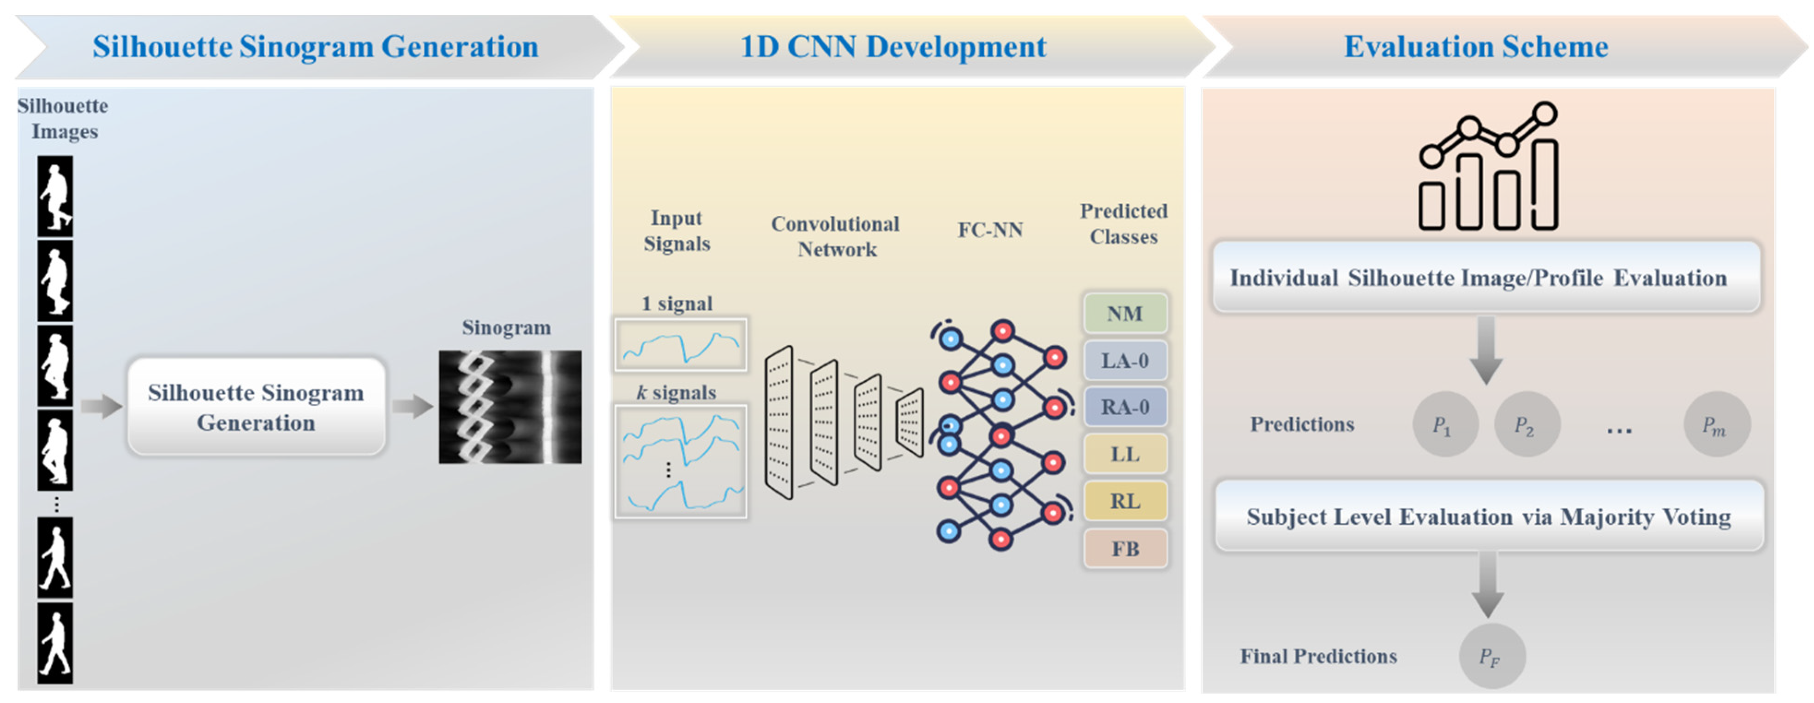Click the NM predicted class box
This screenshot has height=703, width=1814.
coord(1125,313)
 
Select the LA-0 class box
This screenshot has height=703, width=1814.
coord(1125,360)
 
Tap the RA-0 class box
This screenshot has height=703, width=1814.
coord(1125,407)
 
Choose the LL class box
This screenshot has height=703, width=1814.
coord(1125,454)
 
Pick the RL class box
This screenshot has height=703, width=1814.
coord(1125,501)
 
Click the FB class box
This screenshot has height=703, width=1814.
coord(1125,548)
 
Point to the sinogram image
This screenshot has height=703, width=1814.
coord(510,407)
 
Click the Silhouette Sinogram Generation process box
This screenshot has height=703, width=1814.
coord(256,407)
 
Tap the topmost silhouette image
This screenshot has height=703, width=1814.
coord(55,195)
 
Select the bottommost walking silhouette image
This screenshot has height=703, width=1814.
coord(55,643)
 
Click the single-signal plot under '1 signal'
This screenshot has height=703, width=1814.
coord(680,344)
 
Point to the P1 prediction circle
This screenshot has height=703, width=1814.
coord(1445,424)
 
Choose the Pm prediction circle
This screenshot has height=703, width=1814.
coord(1716,424)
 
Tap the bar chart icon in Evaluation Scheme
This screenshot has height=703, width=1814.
coord(1488,166)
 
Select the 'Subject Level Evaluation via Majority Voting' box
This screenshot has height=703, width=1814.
coord(1489,516)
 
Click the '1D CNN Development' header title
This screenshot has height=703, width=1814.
coord(893,47)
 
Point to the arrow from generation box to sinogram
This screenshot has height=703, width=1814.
coord(412,406)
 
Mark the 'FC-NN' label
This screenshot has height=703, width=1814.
coord(990,230)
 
